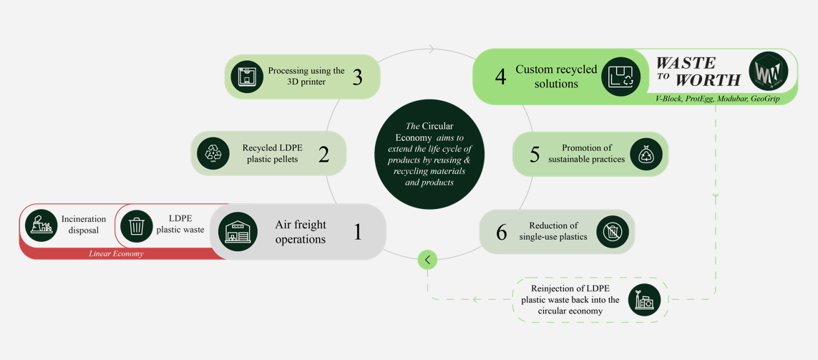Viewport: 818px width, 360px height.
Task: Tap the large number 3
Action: tap(357, 77)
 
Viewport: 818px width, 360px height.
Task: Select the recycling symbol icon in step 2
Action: tap(213, 152)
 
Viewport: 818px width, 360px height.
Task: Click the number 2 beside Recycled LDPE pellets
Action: tap(323, 153)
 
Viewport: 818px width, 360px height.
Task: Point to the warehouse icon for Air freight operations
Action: tap(238, 232)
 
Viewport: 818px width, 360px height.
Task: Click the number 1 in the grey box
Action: tap(358, 232)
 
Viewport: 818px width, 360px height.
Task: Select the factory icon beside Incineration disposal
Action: tap(42, 225)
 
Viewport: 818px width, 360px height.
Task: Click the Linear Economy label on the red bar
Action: tap(116, 253)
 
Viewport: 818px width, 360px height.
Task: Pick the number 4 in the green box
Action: tap(500, 77)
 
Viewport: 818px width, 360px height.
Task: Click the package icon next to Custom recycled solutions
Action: tap(620, 77)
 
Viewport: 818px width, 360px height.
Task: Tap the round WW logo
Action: tap(768, 72)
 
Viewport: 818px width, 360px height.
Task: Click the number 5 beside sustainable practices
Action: tap(534, 154)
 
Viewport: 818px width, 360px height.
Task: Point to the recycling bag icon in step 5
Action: tap(646, 154)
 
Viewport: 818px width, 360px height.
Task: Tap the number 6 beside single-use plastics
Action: tap(501, 232)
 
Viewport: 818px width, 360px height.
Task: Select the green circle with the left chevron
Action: tap(427, 260)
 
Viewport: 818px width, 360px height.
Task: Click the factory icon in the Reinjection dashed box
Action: tap(644, 301)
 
